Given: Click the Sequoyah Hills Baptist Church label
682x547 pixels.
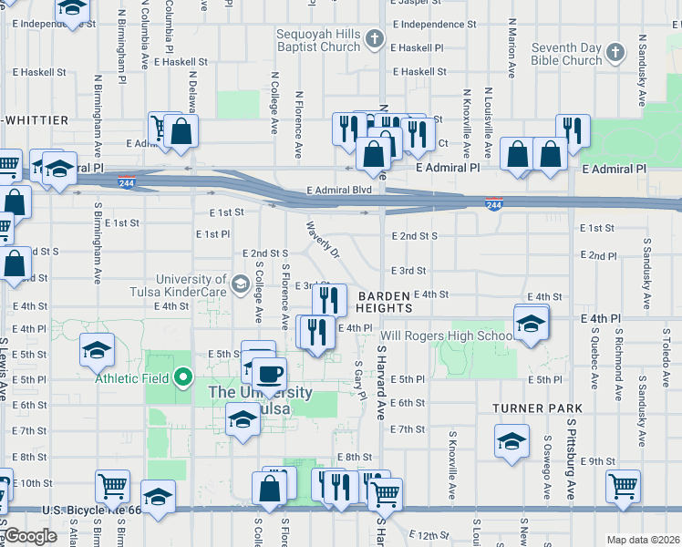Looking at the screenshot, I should coord(318,40).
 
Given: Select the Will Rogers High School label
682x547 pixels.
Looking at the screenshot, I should coord(447,335).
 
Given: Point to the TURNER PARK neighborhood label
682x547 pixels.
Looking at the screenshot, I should coord(531,409).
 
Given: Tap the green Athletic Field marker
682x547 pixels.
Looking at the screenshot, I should coord(183,376).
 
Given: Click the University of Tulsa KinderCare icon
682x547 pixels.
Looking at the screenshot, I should coord(239,284).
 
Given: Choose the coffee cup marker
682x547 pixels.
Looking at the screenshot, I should coord(269,374).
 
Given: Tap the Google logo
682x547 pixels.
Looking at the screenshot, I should coord(31,536).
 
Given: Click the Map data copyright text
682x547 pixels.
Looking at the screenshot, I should coord(643,540).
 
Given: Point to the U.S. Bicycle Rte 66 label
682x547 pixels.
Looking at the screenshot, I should coord(92,510).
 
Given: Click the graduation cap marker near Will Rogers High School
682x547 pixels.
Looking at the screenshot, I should coord(530,323).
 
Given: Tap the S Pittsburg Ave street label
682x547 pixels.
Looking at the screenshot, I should coord(570,446).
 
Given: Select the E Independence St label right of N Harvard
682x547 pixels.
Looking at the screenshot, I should coord(433,24).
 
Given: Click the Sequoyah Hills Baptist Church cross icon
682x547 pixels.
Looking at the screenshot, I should coord(375,39).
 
